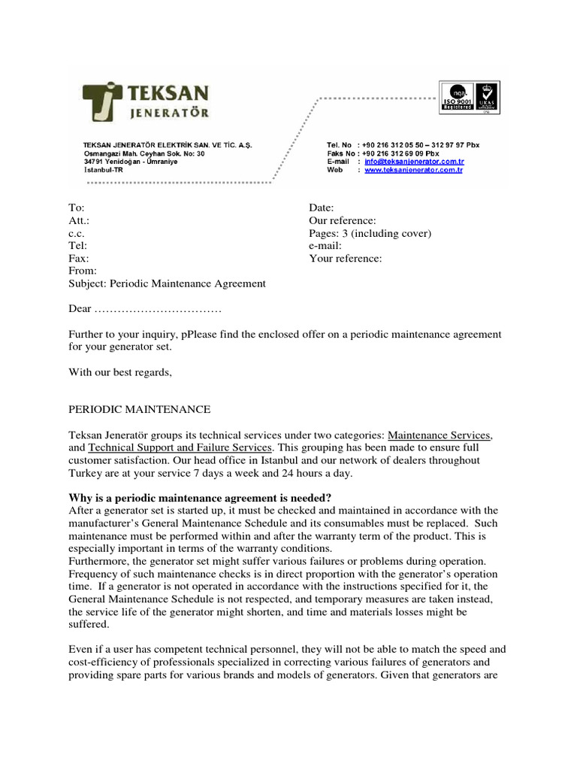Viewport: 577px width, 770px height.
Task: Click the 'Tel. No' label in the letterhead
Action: point(340,144)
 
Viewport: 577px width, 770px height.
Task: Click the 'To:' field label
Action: point(77,208)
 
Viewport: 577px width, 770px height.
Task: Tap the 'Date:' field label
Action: point(322,208)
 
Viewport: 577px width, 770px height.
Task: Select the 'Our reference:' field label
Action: point(342,220)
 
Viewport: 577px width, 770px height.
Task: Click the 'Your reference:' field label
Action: point(345,259)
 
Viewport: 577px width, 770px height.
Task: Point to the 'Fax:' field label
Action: point(78,259)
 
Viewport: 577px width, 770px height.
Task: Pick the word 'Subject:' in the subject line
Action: point(88,283)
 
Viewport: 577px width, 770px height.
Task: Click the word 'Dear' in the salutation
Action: point(80,309)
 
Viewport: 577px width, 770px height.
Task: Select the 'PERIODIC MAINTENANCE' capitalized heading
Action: point(140,409)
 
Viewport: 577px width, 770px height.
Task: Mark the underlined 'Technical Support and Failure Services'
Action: point(178,447)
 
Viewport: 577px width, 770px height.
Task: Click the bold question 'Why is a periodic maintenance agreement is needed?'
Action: point(200,498)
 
